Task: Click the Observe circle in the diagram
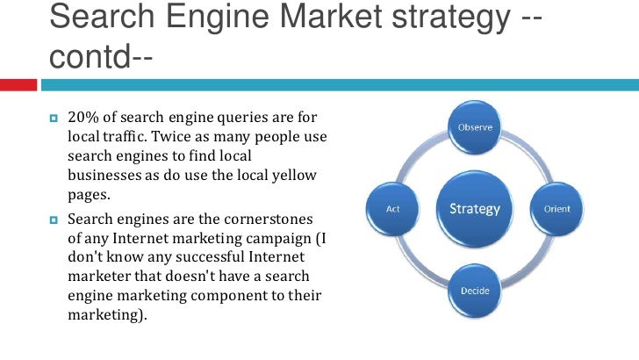pyautogui.click(x=475, y=127)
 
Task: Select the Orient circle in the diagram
pyautogui.click(x=557, y=209)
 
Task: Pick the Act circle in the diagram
pyautogui.click(x=394, y=209)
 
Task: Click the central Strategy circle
pyautogui.click(x=475, y=209)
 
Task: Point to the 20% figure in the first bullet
pyautogui.click(x=82, y=119)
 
